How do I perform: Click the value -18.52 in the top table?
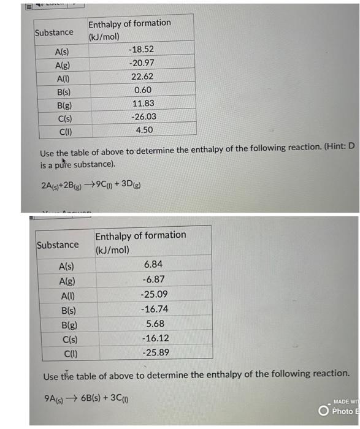tap(142, 49)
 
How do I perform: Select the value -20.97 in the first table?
tap(142, 63)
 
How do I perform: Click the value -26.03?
tap(143, 116)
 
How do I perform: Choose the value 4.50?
tap(144, 130)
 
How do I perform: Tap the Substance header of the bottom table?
tap(58, 245)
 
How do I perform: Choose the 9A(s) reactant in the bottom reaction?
tap(56, 397)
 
